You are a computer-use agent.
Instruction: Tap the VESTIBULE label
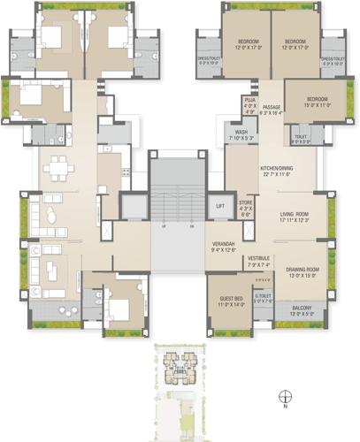point(258,260)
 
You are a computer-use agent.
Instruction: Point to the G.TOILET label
point(263,296)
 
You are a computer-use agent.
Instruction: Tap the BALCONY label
point(302,309)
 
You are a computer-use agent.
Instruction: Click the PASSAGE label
point(272,107)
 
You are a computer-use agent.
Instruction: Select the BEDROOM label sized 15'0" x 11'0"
point(318,99)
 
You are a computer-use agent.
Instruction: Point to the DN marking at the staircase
point(190,226)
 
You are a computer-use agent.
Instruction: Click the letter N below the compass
point(286,408)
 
